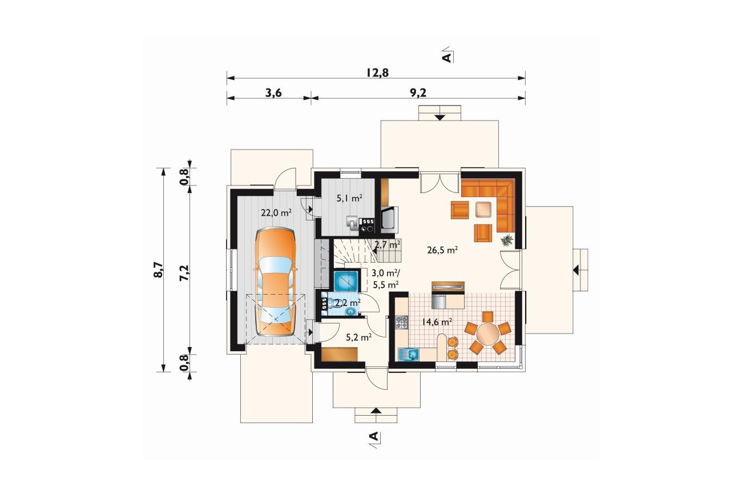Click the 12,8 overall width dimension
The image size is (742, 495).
click(x=377, y=73)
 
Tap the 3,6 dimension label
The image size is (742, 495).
click(x=273, y=93)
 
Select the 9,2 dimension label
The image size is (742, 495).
click(x=418, y=93)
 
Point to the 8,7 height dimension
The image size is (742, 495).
click(x=159, y=269)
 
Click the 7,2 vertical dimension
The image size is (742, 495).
click(x=184, y=273)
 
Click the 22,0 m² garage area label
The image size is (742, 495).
click(x=276, y=213)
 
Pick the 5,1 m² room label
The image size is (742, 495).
click(x=349, y=199)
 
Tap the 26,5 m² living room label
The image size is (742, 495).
click(x=442, y=250)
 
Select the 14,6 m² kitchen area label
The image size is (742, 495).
click(x=437, y=321)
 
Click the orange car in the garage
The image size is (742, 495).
click(x=275, y=281)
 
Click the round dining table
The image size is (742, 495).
click(x=487, y=334)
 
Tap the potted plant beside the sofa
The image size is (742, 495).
click(x=507, y=240)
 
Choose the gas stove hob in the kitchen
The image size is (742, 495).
click(x=402, y=322)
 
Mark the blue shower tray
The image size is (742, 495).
click(x=345, y=281)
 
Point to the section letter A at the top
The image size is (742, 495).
click(x=446, y=58)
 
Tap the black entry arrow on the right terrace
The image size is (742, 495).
click(x=576, y=270)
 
